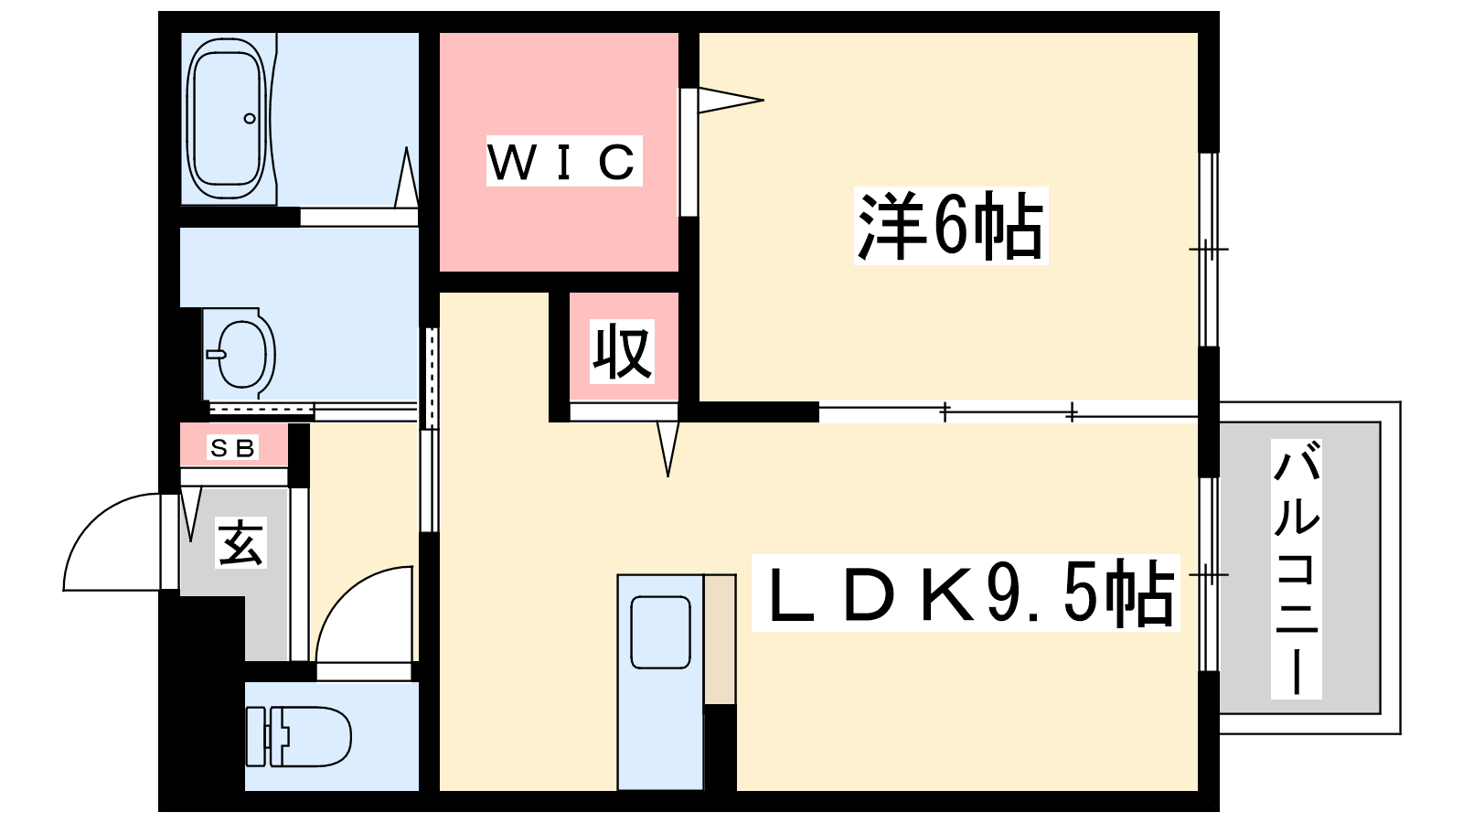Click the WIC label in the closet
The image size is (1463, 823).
click(563, 161)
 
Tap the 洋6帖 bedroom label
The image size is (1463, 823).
click(951, 226)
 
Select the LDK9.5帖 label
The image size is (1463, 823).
click(966, 593)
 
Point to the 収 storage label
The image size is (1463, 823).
click(622, 351)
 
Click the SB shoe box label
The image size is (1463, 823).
click(233, 447)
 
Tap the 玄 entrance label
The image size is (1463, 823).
click(240, 543)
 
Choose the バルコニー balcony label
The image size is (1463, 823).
click(1296, 569)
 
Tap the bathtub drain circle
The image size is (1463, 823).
click(250, 118)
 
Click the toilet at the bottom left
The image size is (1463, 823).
click(298, 736)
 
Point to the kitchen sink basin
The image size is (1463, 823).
click(661, 632)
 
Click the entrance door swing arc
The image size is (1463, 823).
click(112, 542)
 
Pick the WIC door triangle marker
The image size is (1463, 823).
click(731, 101)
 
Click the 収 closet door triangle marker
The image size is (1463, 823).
click(667, 449)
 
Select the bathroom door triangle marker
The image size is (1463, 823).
click(406, 177)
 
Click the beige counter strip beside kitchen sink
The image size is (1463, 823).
click(720, 639)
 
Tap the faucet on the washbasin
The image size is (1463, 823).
click(216, 355)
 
